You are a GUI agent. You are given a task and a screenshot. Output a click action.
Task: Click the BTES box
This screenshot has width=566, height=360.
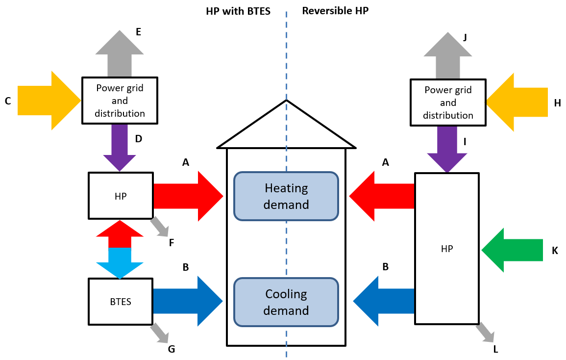point(121,302)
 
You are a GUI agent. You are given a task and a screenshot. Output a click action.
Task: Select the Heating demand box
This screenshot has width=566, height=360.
point(286,196)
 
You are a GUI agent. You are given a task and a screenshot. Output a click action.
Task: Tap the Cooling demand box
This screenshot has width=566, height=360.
point(286,302)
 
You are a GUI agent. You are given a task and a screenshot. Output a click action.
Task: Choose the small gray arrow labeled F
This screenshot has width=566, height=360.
point(160,227)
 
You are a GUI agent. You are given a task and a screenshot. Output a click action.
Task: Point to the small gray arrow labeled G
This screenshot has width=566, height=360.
point(160,334)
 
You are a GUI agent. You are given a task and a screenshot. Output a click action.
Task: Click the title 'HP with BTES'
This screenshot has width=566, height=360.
point(238,11)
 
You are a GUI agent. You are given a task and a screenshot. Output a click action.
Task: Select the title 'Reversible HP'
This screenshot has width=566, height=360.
point(335,11)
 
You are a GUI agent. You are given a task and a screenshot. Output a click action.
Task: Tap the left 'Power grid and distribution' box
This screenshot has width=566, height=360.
point(120,101)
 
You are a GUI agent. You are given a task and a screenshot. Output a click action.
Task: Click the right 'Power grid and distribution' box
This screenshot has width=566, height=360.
point(448,103)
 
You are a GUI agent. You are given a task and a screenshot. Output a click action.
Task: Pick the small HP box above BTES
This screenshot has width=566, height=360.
point(121,196)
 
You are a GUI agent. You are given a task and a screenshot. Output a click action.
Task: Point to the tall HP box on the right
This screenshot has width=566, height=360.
point(447,248)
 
